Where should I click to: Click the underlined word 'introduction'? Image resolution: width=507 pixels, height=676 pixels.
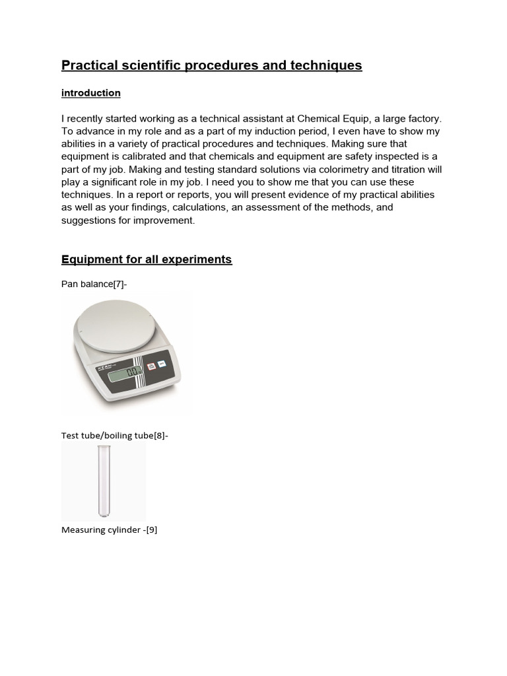click(x=91, y=93)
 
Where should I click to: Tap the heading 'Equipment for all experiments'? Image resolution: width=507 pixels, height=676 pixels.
click(x=147, y=259)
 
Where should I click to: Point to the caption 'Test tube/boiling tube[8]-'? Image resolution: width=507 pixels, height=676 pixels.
click(x=115, y=436)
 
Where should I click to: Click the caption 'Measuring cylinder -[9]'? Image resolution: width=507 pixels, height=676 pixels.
click(x=109, y=529)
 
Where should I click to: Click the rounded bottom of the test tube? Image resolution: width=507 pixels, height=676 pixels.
click(x=103, y=513)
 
